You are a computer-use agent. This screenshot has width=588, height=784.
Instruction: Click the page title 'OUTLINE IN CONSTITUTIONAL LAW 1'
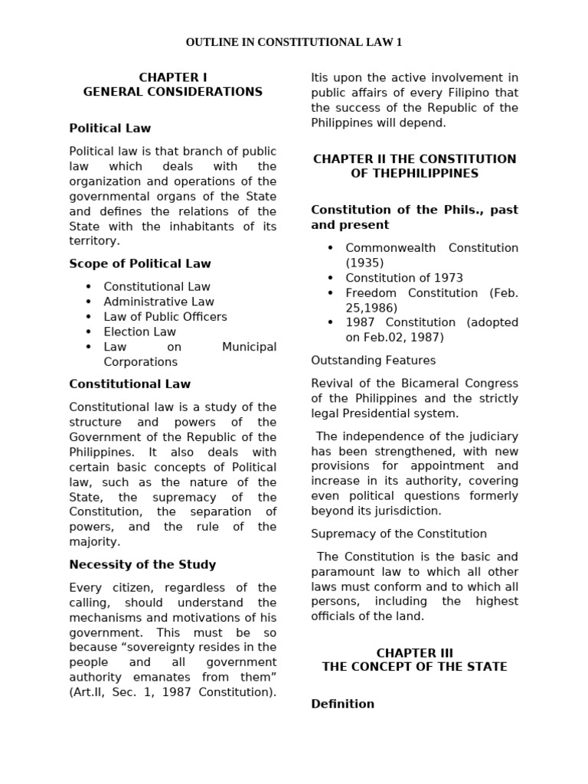tap(294, 42)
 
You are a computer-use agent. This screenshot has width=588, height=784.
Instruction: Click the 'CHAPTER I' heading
tap(173, 77)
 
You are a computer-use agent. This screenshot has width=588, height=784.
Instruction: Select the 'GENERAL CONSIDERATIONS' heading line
tap(173, 92)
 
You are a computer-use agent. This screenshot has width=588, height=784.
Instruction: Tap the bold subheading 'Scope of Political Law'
tap(140, 263)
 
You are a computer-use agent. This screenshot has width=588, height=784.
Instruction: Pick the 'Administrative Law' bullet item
tap(159, 302)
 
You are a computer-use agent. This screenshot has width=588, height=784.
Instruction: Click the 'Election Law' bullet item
tap(140, 332)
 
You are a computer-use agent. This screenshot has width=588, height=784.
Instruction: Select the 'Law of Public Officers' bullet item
tap(165, 316)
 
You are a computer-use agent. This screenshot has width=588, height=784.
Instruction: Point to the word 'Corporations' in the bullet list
tap(141, 362)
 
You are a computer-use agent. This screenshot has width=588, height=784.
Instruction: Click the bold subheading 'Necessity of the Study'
tap(142, 564)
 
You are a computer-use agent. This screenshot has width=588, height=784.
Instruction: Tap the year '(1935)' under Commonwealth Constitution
tap(364, 263)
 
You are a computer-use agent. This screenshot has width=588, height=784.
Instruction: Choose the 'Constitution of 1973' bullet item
tap(404, 278)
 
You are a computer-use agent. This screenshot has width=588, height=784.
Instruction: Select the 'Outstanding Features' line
tap(374, 361)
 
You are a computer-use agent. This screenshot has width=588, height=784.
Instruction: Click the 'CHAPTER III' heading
tap(415, 653)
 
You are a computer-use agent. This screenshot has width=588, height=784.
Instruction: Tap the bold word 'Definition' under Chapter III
tap(343, 704)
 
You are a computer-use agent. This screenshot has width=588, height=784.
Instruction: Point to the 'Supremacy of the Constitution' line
tap(399, 534)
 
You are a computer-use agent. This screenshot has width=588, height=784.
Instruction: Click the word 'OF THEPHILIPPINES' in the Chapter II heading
tap(415, 174)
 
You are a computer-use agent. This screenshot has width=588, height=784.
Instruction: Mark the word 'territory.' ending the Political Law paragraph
tap(95, 241)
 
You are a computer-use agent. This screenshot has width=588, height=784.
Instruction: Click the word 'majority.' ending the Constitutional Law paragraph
tap(95, 542)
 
